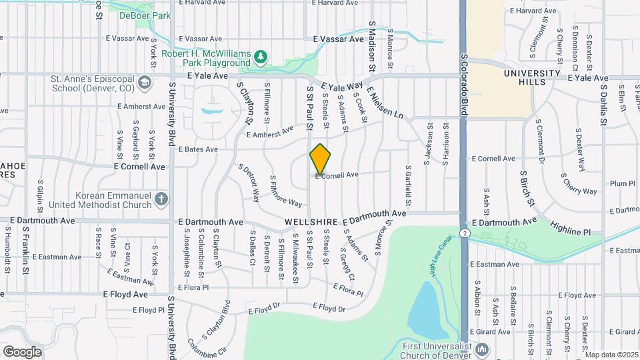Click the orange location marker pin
[x=320, y=159]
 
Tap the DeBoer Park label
[x=153, y=15]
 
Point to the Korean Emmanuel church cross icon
[x=161, y=199]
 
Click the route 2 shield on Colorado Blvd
[x=464, y=233]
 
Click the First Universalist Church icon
[x=483, y=349]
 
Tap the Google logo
[x=22, y=351]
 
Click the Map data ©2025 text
[x=611, y=355]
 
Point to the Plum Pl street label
[x=622, y=183]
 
